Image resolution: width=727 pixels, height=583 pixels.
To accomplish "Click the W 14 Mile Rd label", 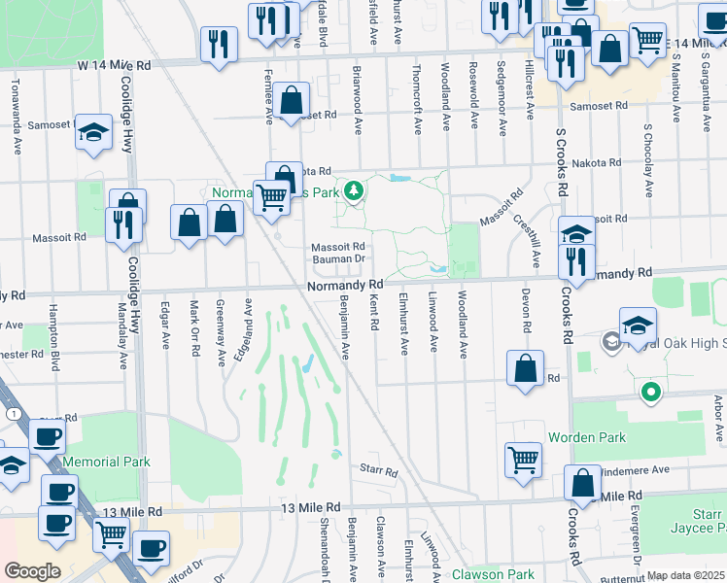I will tap(115, 65).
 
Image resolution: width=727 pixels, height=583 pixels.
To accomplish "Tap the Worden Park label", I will tap(586, 437).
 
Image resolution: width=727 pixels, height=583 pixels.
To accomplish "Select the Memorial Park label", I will tap(106, 462).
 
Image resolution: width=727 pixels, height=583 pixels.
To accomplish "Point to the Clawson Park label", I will tap(492, 574).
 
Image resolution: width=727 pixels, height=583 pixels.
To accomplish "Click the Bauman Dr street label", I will tap(337, 259).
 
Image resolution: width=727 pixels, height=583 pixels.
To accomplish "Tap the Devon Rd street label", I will tap(526, 314).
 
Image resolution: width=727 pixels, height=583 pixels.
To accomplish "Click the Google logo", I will tap(32, 571).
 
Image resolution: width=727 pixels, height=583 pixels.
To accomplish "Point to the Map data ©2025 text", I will tap(685, 576).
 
